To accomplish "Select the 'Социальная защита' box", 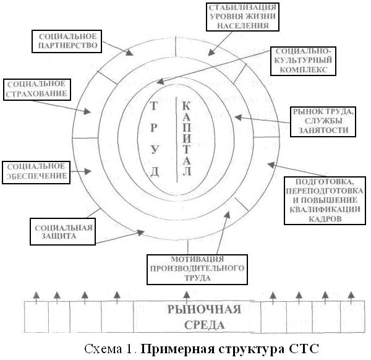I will (x=61, y=230).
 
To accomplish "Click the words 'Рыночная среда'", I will (x=196, y=315).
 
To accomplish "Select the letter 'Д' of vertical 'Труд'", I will (x=155, y=171).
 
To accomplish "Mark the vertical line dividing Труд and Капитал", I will (x=178, y=139).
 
